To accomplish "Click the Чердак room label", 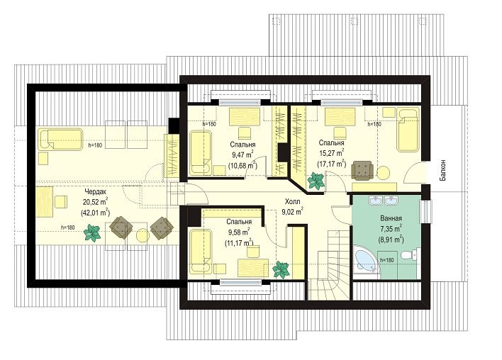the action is point(95,191).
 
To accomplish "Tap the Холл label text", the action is point(293,201).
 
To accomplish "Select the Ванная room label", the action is point(391,218).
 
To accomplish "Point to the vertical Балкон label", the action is point(442,170).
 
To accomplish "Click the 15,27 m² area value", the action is point(331,152).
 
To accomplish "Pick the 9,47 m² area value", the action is point(242,154).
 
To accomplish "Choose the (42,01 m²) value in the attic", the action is point(96,212).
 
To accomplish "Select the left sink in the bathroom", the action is point(375,201).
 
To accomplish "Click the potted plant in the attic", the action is point(92,232).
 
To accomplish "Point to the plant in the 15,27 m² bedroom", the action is point(316,181).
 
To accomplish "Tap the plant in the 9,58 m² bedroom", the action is point(281,269).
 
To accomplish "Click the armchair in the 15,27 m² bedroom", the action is point(362,170).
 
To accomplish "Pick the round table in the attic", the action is point(143,235).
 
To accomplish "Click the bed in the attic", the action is point(60,140).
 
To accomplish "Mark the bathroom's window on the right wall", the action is point(428,211).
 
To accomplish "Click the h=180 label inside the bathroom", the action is point(386,260).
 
